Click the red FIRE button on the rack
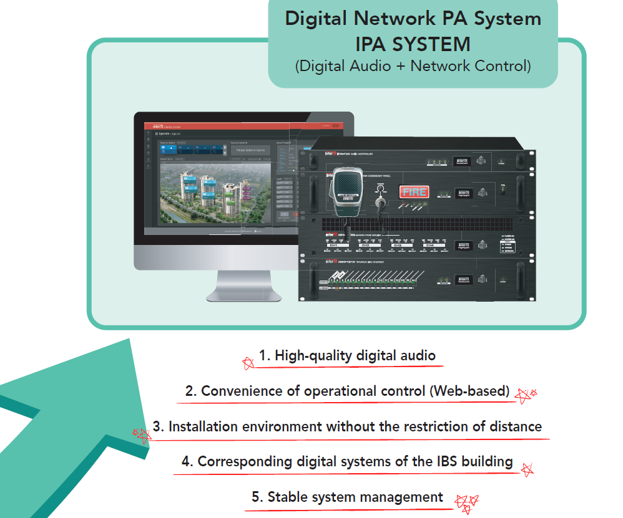tap(414, 192)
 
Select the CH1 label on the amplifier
tap(334, 246)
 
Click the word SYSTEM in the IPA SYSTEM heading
tap(437, 44)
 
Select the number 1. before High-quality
tap(265, 356)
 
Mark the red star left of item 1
tap(248, 362)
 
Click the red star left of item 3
tap(142, 434)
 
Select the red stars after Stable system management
tap(466, 502)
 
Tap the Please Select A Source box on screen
tap(250, 150)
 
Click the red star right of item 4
tap(527, 469)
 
